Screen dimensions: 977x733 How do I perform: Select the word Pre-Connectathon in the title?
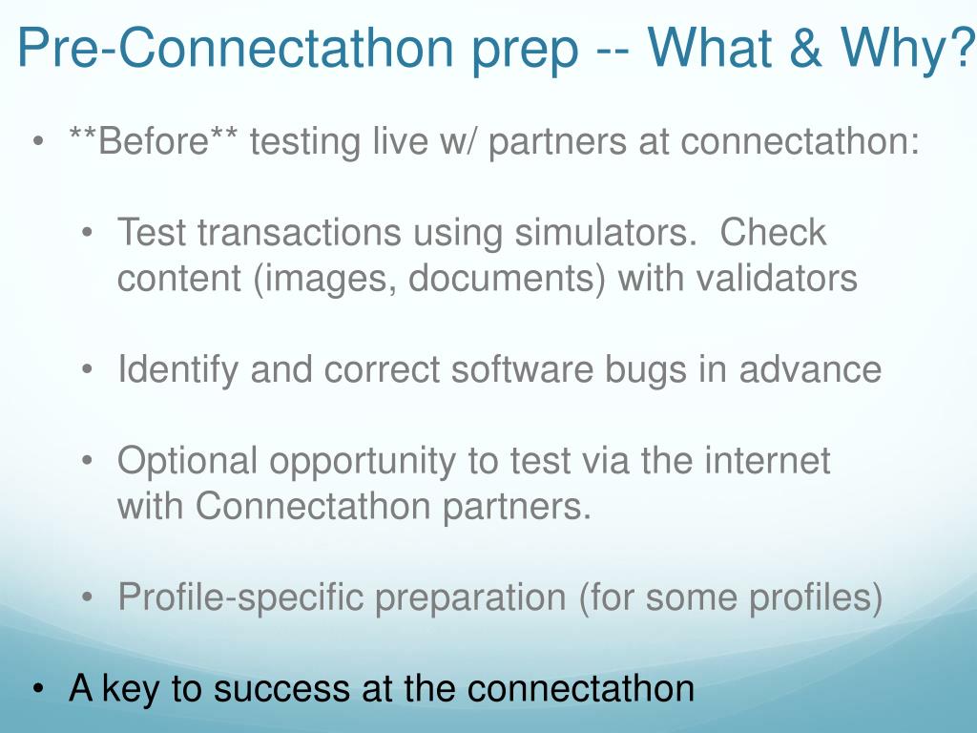[x=236, y=48]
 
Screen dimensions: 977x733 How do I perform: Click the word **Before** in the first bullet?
[x=153, y=141]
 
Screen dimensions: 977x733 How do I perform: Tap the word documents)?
[x=507, y=279]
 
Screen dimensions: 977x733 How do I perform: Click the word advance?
[x=810, y=369]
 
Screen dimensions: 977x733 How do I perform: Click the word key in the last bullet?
[x=130, y=690]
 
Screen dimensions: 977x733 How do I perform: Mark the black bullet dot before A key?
[x=38, y=689]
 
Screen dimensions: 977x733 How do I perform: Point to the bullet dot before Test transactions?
[x=87, y=233]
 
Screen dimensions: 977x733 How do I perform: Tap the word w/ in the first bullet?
[x=458, y=141]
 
